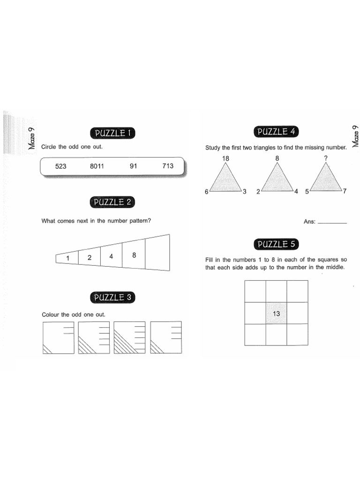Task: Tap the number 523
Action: tap(61, 166)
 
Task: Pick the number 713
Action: tap(167, 166)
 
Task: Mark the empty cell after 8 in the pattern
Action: tap(157, 253)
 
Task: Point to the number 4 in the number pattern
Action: tap(111, 256)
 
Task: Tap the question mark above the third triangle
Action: tap(326, 159)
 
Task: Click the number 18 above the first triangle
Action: tap(225, 159)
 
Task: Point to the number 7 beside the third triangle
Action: tap(344, 192)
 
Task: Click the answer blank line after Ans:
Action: tap(332, 222)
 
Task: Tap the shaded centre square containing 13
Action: tap(276, 313)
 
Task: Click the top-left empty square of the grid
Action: tap(255, 291)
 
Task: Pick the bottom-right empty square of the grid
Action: tap(297, 335)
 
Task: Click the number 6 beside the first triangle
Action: tap(206, 192)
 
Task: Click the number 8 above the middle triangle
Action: tap(277, 159)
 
